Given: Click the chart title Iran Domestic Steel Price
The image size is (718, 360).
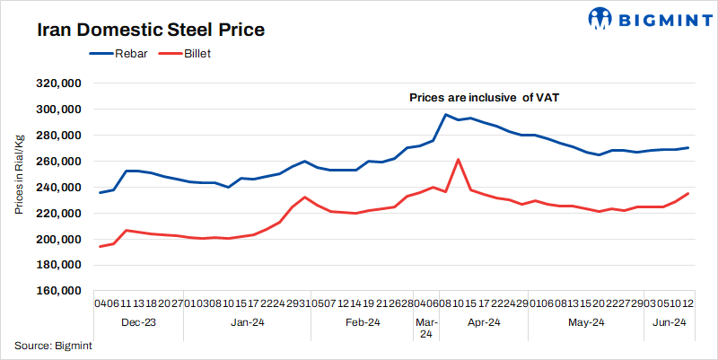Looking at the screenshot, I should pyautogui.click(x=151, y=31).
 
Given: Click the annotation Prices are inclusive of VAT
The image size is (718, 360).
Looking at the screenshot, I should pyautogui.click(x=485, y=97).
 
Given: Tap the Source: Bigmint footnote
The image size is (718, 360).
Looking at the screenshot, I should pyautogui.click(x=53, y=346).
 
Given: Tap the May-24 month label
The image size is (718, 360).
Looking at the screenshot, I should pyautogui.click(x=584, y=321).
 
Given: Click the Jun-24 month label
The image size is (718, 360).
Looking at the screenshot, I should pyautogui.click(x=667, y=321).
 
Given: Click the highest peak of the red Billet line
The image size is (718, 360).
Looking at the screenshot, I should pyautogui.click(x=459, y=160).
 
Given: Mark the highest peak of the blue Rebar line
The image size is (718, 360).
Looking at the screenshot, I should pyautogui.click(x=445, y=114).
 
